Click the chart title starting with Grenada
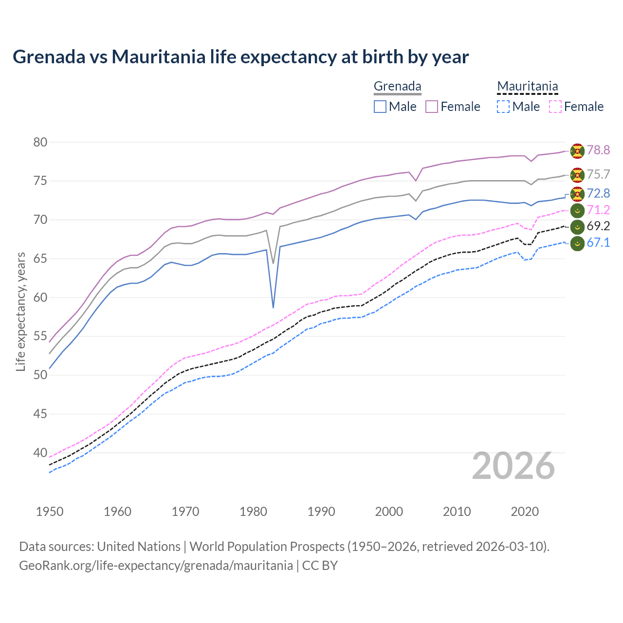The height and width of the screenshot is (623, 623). pos(240,57)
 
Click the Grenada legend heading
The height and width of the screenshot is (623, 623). pos(397,87)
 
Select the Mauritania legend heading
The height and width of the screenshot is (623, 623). pos(527,87)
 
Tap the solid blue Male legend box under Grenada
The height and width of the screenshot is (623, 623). pos(380,107)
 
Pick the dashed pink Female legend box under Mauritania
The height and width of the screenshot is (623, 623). pos(555,107)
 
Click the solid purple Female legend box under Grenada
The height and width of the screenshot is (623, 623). pos(432,107)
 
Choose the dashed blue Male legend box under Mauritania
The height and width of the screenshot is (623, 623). pos(503,107)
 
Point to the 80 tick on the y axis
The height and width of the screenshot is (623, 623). pos(40,142)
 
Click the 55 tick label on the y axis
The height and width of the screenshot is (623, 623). pos(40,336)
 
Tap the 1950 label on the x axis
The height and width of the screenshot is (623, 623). pos(50,512)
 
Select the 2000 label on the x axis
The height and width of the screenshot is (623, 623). pos(389,512)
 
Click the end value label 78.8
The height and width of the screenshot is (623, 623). pos(598,150)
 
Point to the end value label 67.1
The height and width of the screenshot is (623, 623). pos(598,243)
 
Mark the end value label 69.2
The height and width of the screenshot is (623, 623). pos(598,226)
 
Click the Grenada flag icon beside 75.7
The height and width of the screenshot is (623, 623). pos(577,175)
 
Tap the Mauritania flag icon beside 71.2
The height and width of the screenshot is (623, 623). pos(577,210)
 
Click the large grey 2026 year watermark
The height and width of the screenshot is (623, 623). pos(513,466)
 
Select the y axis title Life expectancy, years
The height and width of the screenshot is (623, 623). pos(20,311)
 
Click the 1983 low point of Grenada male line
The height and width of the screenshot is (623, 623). pos(273,308)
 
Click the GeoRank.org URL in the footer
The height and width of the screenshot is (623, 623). pos(156,566)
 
